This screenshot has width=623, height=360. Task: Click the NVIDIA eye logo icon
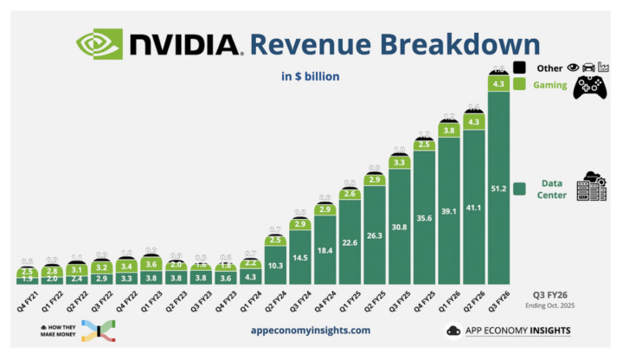pyautogui.click(x=100, y=43)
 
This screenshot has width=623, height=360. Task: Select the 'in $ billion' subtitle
pyautogui.click(x=310, y=76)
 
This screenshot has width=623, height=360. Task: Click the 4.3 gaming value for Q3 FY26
pyautogui.click(x=498, y=84)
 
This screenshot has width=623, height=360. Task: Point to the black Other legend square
pyautogui.click(x=520, y=67)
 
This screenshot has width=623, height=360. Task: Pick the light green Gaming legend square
pyautogui.click(x=520, y=84)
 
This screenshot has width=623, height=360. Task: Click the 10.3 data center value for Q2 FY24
pyautogui.click(x=274, y=267)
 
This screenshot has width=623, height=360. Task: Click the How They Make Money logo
pyautogui.click(x=78, y=330)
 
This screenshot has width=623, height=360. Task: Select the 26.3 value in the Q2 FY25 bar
pyautogui.click(x=374, y=235)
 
